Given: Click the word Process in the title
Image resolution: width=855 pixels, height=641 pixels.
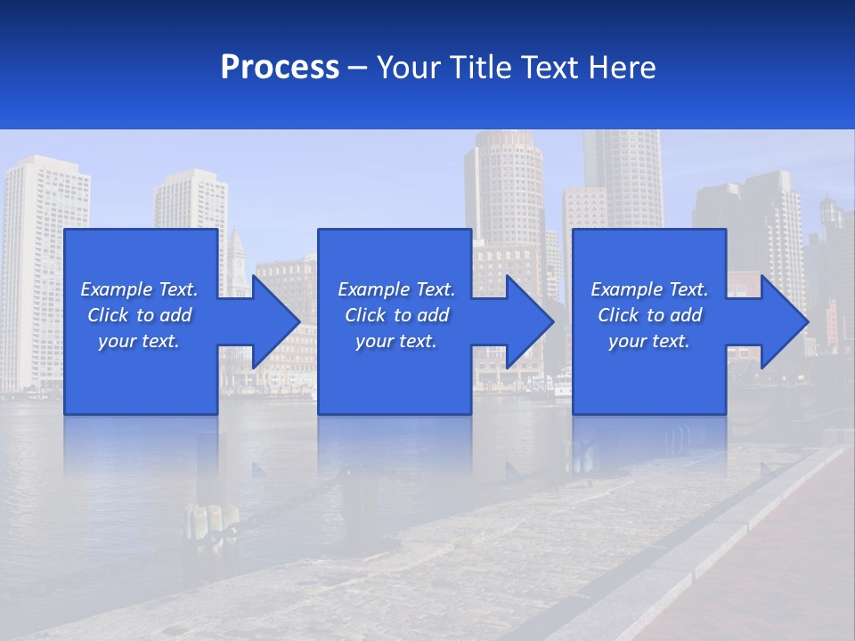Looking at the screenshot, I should (280, 67).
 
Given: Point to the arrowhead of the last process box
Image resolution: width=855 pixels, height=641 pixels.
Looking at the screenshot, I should (784, 321).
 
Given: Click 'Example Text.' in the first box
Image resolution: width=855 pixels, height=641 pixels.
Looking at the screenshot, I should (139, 289).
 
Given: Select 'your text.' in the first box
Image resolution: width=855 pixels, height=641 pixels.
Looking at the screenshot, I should (139, 341).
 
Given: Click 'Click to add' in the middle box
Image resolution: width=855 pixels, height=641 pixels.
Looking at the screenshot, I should (396, 315).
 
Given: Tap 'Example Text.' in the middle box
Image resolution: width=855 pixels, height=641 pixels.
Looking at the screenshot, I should (396, 289).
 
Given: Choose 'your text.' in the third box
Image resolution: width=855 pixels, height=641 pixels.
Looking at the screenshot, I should (649, 341).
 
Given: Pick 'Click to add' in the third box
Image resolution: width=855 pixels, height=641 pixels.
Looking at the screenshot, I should (649, 315).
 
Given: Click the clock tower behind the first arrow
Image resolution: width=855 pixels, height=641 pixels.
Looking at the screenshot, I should (236, 258).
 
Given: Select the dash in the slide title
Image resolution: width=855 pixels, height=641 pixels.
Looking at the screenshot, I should (358, 68).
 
